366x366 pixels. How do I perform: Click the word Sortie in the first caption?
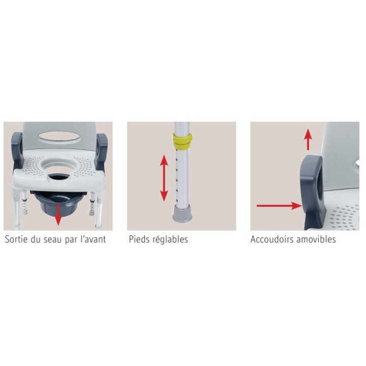16,239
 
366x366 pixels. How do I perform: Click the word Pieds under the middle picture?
138,239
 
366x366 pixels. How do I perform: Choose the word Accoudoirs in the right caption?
270,239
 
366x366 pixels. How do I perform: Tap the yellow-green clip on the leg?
182,141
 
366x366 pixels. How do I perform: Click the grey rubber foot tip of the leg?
182,213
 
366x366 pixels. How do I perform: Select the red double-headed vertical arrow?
164,178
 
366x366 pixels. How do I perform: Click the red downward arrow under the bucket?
58,215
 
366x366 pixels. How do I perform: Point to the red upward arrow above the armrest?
308,139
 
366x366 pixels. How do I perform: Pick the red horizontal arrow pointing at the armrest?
279,206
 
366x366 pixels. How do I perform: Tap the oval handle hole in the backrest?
59,137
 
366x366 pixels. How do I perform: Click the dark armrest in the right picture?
312,192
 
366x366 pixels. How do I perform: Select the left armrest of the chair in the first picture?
17,150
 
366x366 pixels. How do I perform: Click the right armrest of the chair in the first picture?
102,149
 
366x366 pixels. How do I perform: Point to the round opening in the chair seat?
59,169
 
